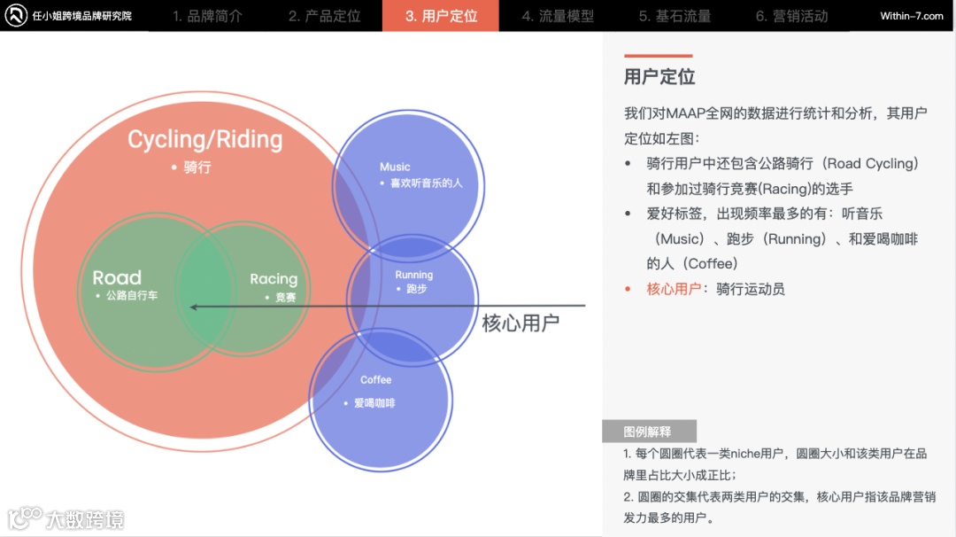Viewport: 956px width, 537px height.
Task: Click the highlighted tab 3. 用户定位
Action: point(441,16)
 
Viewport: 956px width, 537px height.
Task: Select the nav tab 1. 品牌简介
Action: point(207,16)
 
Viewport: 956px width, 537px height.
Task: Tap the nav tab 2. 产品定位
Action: point(324,16)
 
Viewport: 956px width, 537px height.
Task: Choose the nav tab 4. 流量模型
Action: point(558,16)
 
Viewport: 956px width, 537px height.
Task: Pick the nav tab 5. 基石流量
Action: point(675,16)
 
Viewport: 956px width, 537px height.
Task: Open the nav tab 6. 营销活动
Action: point(791,16)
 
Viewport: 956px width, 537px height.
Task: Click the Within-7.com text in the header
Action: point(912,16)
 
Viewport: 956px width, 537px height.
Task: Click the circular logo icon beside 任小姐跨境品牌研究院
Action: point(16,16)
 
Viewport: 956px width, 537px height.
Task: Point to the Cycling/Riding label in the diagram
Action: point(204,139)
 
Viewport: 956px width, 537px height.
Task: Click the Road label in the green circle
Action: point(117,277)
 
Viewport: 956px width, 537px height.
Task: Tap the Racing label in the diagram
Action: point(274,279)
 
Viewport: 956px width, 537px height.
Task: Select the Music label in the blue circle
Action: point(395,167)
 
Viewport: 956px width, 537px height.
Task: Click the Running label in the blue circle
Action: point(413,275)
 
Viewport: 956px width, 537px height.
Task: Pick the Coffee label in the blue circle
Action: point(375,380)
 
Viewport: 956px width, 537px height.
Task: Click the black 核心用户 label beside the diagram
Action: point(520,323)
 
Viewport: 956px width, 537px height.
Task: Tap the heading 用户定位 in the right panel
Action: point(659,76)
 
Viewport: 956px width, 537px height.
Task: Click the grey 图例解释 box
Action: point(648,432)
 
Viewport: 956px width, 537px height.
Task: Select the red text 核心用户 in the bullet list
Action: point(674,289)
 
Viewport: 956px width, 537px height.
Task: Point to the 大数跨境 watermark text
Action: point(85,518)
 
